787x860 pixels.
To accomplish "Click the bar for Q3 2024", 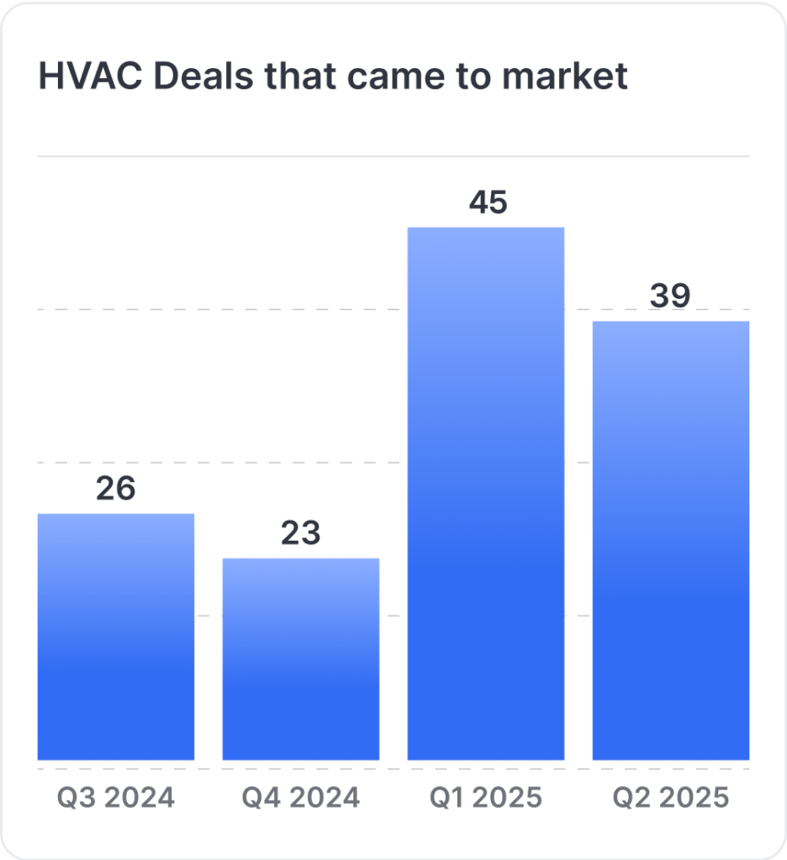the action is pos(116,637).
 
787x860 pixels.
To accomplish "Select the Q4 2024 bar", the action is pos(301,659).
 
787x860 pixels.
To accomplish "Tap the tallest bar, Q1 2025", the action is pos(486,494).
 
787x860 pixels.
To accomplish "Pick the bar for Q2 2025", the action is pos(671,541).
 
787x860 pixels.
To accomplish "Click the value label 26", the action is pos(116,488).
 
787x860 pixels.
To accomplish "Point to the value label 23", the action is pos(301,532).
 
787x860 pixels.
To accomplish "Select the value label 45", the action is pos(489,202).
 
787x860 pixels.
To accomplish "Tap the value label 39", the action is pos(670,296).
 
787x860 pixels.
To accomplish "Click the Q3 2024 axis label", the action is pos(116,798).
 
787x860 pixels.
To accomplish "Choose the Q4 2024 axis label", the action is pos(301,798).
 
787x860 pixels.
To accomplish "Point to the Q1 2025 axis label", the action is pos(486,798).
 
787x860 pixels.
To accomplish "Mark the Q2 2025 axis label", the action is pos(671,798).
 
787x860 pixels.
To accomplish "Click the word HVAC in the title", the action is pos(91,76).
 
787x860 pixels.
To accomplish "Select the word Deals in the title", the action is pos(203,76).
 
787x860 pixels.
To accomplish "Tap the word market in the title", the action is pos(565,76).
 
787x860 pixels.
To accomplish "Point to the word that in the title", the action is pos(301,76).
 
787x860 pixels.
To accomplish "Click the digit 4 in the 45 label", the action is pos(478,202).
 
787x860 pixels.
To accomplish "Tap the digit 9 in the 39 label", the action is pos(680,296).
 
